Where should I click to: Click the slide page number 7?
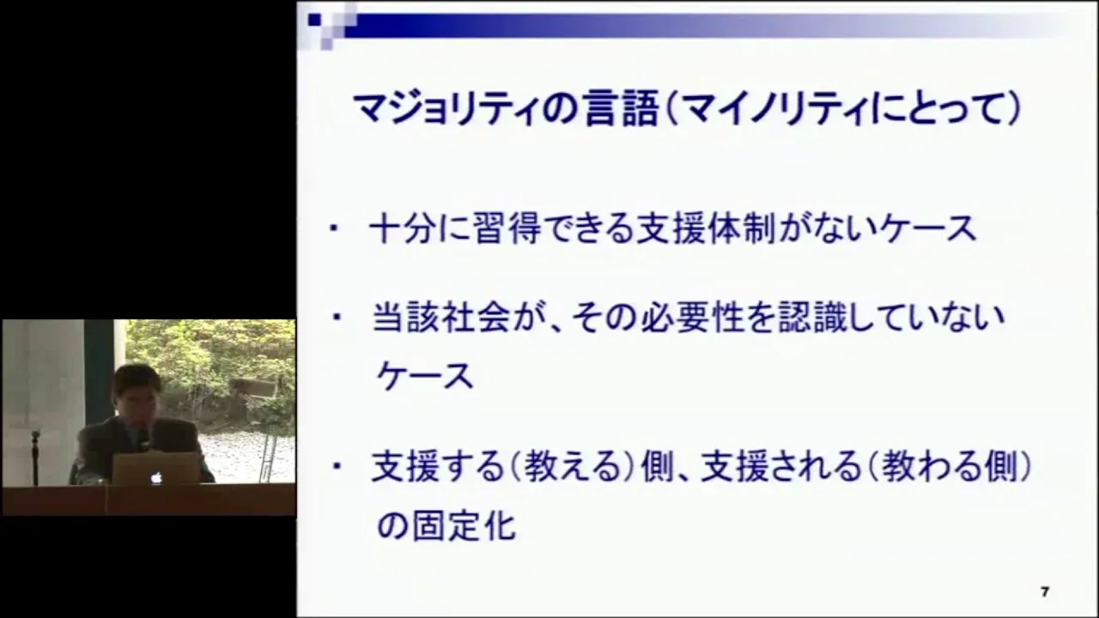(1045, 592)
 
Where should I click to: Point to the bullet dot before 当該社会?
(337, 317)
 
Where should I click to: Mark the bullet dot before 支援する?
(337, 465)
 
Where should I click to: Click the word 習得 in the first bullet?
(507, 229)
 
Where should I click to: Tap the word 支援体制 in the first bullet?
(707, 229)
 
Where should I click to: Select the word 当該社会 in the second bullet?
(440, 318)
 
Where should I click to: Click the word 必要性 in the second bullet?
(692, 318)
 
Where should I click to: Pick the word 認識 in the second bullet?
(813, 318)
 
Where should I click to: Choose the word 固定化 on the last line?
(464, 526)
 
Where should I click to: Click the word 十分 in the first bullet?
(403, 229)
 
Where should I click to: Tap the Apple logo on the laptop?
(156, 477)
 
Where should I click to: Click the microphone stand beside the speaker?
(35, 457)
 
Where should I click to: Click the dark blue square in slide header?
(314, 20)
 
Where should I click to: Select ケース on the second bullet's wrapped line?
(425, 377)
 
